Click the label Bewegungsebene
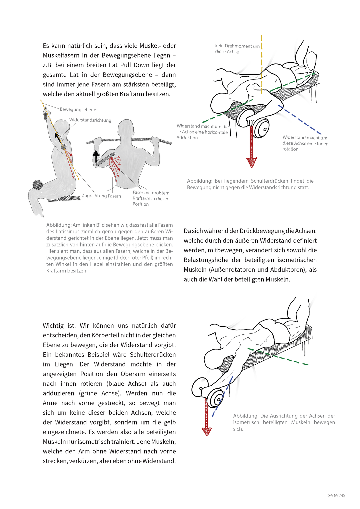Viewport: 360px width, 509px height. [78, 110]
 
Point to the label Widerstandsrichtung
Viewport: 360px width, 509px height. [90, 120]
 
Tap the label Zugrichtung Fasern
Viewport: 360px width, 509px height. [101, 196]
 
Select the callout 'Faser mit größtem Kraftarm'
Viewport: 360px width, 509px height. [151, 198]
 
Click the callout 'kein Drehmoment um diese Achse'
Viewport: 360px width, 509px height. [237, 49]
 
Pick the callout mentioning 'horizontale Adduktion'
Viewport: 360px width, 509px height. [203, 132]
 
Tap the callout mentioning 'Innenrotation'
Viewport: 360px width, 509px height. [306, 143]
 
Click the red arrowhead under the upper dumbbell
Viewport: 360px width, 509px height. [251, 162]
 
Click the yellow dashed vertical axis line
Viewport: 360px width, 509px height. [262, 63]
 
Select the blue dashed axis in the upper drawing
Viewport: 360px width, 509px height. [302, 121]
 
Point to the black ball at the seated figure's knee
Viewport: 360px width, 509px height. [38, 185]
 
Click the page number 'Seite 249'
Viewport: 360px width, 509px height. [336, 495]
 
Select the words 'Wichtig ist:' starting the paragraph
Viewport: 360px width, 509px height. [59, 325]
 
